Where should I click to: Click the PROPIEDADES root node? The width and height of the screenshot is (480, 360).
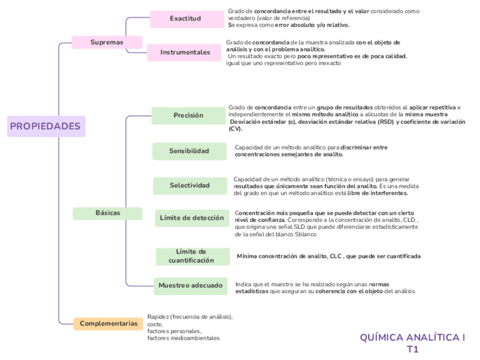pyautogui.click(x=45, y=126)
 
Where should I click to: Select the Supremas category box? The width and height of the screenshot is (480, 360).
pyautogui.click(x=107, y=42)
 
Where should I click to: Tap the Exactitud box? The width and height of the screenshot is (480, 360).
pyautogui.click(x=186, y=19)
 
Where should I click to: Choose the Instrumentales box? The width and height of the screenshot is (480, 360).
pyautogui.click(x=185, y=53)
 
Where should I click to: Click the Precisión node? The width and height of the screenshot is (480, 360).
pyautogui.click(x=188, y=115)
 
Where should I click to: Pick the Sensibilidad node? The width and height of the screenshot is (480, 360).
pyautogui.click(x=189, y=151)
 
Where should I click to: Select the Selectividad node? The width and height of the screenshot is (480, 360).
pyautogui.click(x=190, y=186)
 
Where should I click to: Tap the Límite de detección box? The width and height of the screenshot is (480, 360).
pyautogui.click(x=192, y=218)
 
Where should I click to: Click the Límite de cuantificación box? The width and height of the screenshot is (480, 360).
pyautogui.click(x=192, y=256)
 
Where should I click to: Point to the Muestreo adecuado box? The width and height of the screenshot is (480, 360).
pyautogui.click(x=191, y=286)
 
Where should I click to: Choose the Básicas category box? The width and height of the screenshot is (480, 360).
pyautogui.click(x=108, y=213)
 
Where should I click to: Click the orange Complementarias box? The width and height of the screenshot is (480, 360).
pyautogui.click(x=109, y=324)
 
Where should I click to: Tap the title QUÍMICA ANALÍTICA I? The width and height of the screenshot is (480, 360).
pyautogui.click(x=412, y=338)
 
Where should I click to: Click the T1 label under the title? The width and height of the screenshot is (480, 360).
pyautogui.click(x=413, y=349)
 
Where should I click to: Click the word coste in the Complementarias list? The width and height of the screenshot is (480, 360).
pyautogui.click(x=155, y=324)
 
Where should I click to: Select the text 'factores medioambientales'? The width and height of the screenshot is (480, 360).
pyautogui.click(x=183, y=338)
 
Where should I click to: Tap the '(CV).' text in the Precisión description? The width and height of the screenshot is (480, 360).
pyautogui.click(x=235, y=129)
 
